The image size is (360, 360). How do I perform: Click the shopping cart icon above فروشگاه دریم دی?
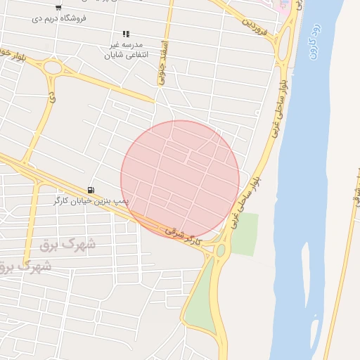(x=58, y=7)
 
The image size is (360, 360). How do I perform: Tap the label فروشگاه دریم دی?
(x=59, y=18)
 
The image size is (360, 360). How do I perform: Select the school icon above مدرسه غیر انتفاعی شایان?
(x=126, y=34)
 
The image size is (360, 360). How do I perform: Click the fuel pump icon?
(x=91, y=191)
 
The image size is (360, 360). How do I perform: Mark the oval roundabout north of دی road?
(x=52, y=68)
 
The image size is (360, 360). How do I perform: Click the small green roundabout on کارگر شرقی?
(x=221, y=250)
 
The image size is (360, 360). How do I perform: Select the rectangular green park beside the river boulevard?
(x=244, y=234)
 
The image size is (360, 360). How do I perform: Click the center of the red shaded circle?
(x=180, y=179)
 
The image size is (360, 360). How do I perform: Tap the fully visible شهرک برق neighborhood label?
(x=68, y=244)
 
